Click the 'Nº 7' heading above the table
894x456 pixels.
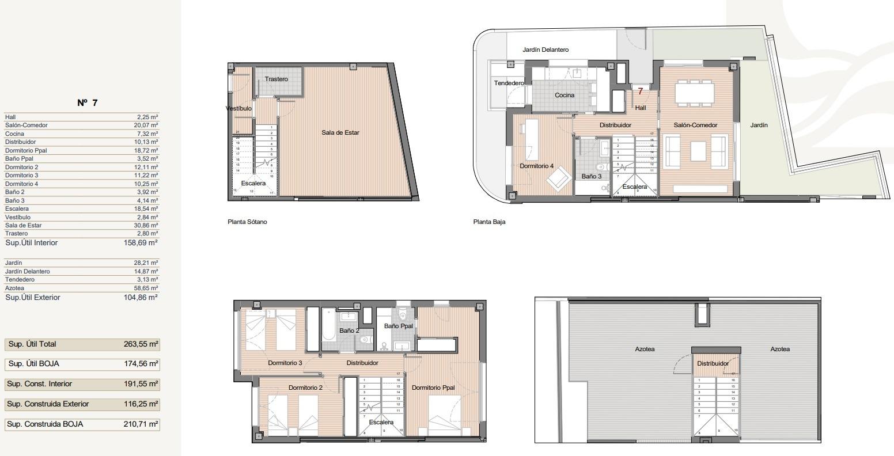88,103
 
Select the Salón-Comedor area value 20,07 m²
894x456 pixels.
146,125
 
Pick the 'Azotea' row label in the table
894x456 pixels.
14,288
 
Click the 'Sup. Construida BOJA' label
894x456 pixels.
45,424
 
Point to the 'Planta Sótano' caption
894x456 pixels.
247,222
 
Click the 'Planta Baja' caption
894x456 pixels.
489,222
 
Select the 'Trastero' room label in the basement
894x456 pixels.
276,79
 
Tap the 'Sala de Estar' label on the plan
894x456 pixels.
340,132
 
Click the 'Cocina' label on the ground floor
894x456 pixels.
564,95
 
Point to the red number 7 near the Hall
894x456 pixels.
640,92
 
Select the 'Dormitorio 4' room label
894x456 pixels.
536,166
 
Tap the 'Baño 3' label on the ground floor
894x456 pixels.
591,176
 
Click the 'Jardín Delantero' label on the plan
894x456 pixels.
546,50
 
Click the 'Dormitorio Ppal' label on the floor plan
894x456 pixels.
433,387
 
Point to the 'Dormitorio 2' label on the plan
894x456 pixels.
305,387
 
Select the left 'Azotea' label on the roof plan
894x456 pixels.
645,349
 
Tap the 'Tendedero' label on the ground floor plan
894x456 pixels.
509,83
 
